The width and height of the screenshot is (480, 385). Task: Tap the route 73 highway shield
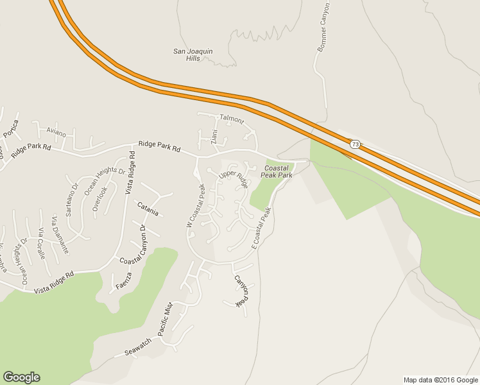coord(355,144)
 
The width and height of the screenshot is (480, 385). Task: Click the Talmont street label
coord(232,119)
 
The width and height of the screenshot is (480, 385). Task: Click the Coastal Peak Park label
coord(278,171)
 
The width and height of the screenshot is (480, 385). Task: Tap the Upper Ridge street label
coord(233,180)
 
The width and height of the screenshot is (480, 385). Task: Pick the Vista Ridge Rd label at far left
coord(49,280)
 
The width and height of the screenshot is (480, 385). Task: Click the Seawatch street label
coord(137,347)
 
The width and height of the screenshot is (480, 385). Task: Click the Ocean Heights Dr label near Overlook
coord(105,180)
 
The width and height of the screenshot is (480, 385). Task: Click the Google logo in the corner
coord(21,377)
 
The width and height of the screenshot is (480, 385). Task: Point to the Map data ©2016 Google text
coord(440,379)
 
